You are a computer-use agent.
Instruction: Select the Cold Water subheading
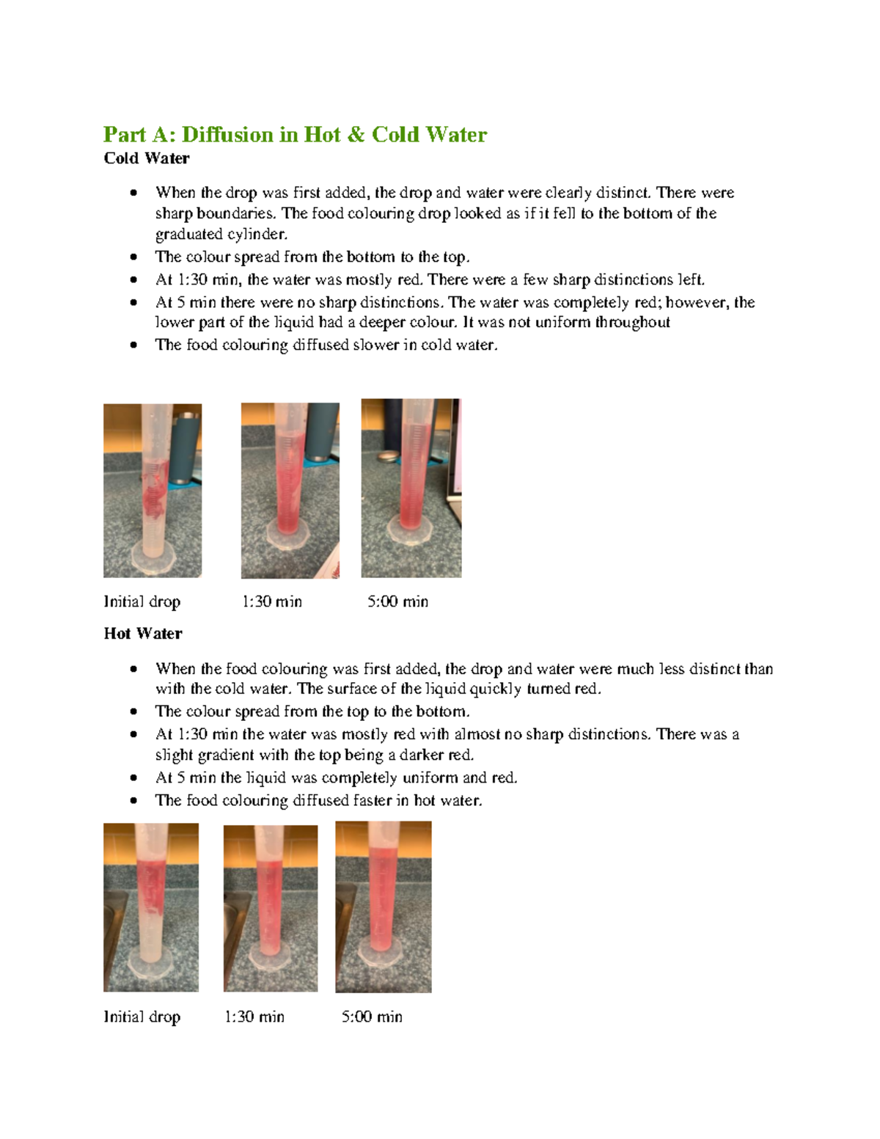tap(147, 158)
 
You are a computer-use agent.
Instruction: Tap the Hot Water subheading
tap(143, 634)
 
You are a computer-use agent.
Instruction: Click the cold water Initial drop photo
tap(153, 491)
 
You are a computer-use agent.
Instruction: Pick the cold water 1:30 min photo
tap(290, 491)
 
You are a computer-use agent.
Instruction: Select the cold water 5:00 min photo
tap(411, 488)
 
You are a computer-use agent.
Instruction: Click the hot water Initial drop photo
tap(151, 907)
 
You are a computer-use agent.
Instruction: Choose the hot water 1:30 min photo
tap(271, 908)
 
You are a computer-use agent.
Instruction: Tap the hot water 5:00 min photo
tap(384, 907)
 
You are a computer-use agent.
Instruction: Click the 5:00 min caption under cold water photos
tap(397, 602)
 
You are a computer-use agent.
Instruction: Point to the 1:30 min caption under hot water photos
tap(254, 1017)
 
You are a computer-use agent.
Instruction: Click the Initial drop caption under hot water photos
tap(142, 1017)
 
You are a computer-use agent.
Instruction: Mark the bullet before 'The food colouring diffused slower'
tap(133, 345)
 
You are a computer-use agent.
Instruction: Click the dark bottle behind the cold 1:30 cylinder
tap(321, 433)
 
